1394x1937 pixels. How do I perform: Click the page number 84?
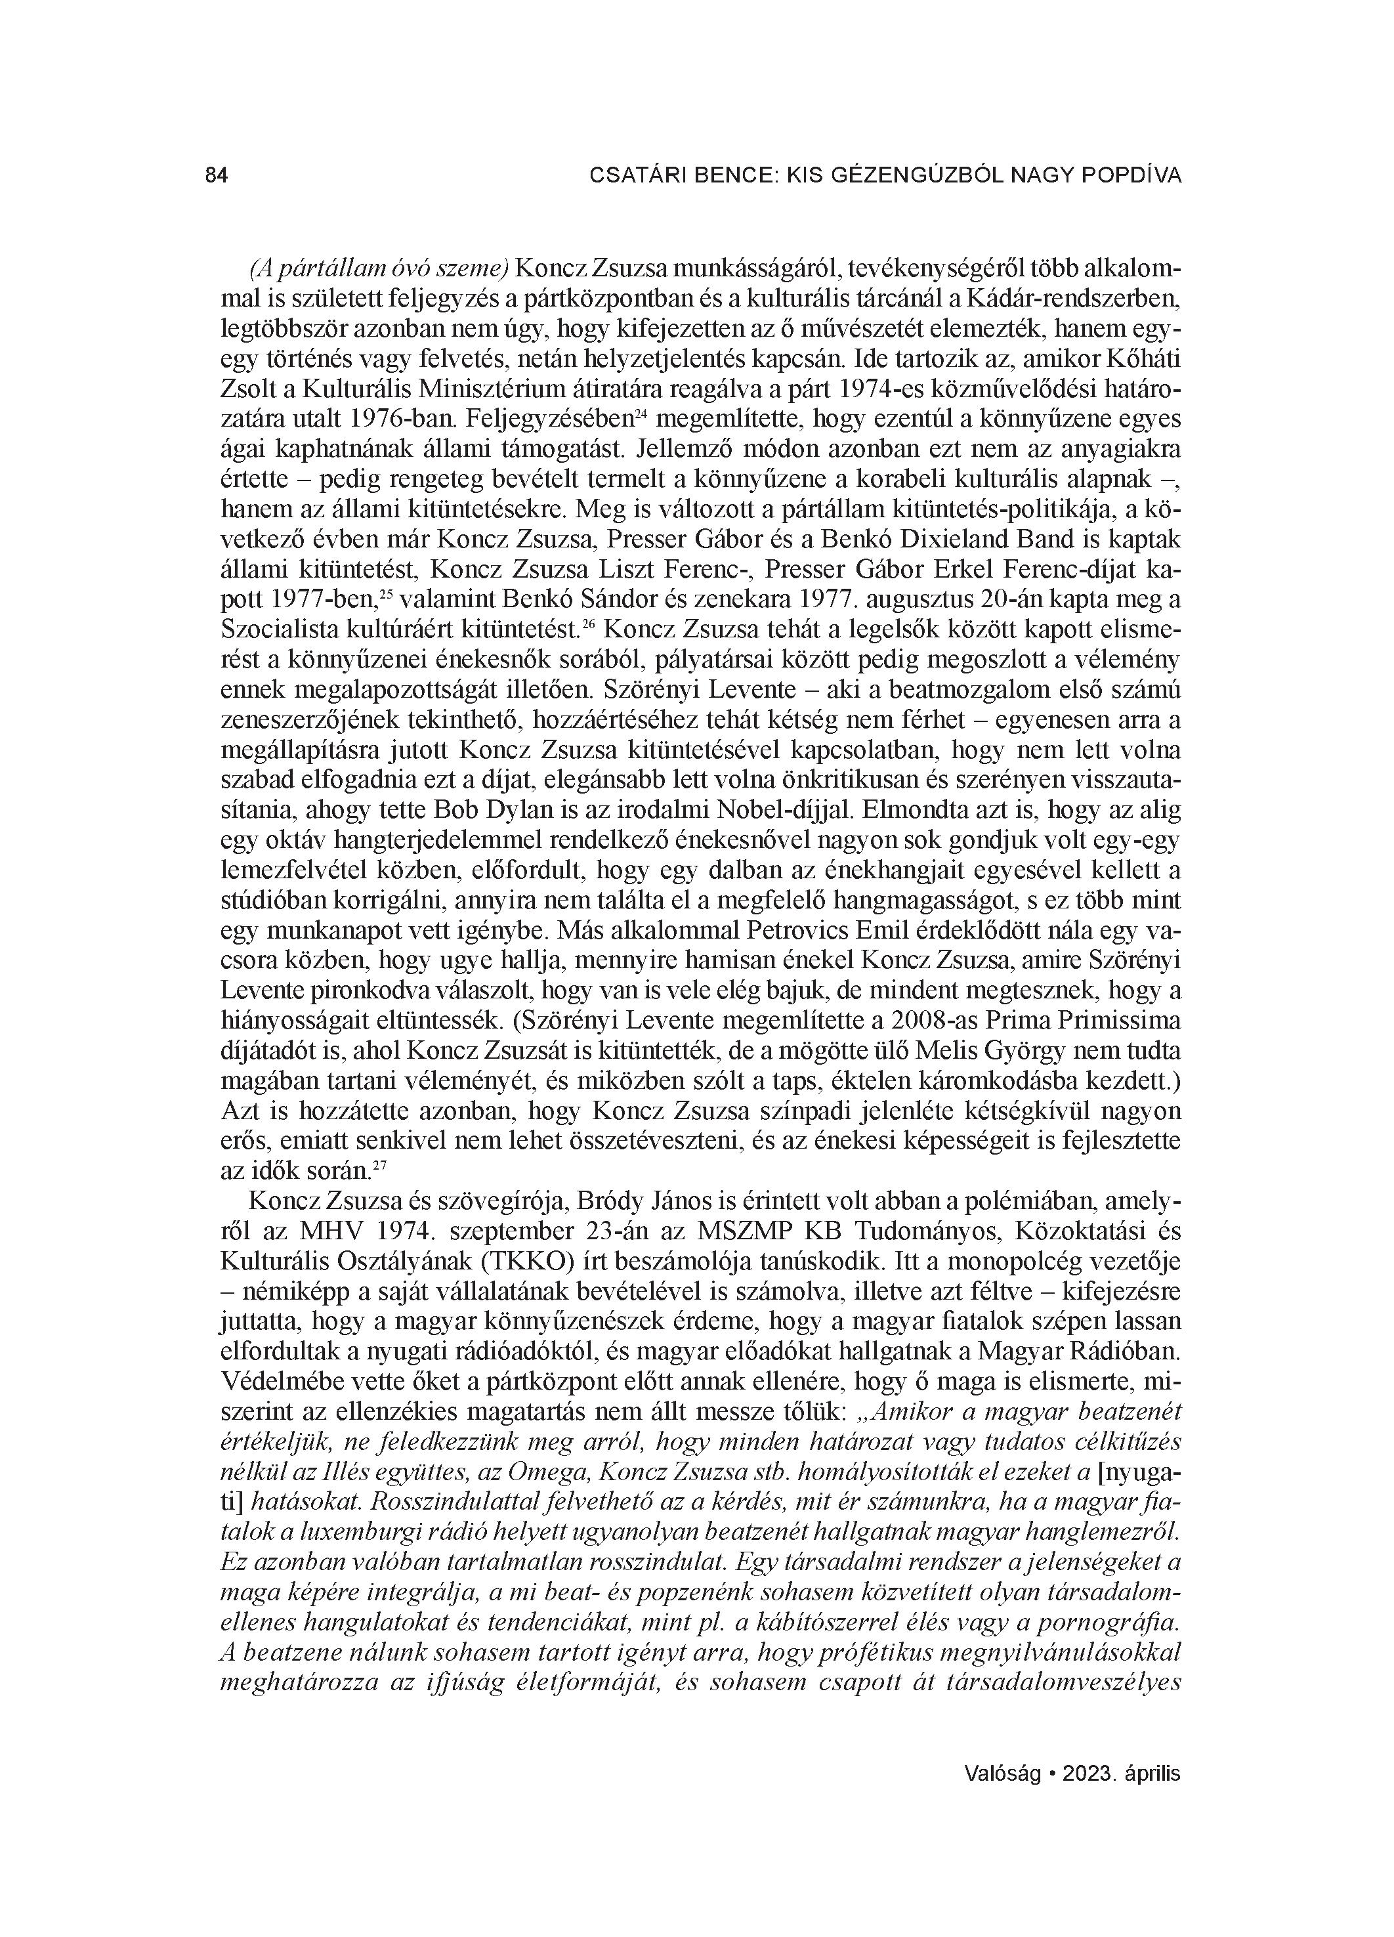[x=217, y=176]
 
